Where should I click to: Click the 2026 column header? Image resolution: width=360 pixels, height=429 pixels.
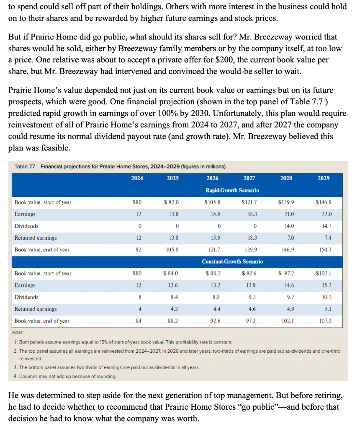coord(212,178)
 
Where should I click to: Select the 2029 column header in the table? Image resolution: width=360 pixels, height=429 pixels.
coord(324,178)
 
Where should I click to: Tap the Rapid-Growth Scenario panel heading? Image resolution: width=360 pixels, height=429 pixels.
coord(232,190)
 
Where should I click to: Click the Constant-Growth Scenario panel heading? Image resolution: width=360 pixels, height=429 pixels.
coord(232,261)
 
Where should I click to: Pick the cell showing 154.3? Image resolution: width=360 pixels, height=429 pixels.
coord(324,250)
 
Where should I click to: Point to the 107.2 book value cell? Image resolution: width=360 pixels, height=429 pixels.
coord(324,321)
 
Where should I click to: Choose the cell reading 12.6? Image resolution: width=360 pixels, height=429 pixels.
coord(173,285)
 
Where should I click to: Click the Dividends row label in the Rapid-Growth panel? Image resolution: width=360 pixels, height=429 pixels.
coord(26,226)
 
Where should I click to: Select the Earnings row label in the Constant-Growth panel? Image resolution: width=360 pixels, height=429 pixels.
coord(25,285)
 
